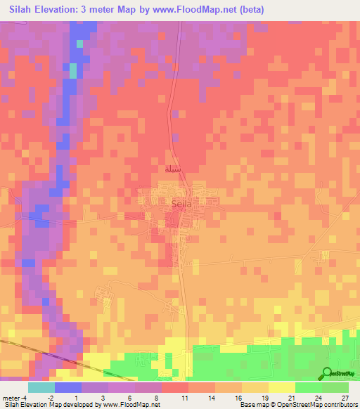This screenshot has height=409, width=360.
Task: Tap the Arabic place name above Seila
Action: pos(174,169)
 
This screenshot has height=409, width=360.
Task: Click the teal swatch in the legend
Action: pos(41,387)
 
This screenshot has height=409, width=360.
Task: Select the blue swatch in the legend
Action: pos(67,387)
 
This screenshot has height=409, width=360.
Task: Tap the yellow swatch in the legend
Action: pos(281,387)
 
